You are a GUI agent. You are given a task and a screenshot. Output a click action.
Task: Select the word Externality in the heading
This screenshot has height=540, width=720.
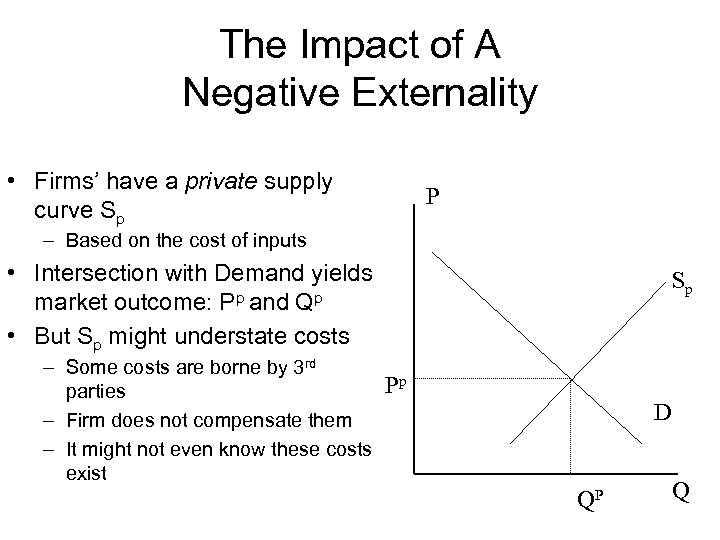[439, 94]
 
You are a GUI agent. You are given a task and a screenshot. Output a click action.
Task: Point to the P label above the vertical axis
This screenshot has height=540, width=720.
[432, 196]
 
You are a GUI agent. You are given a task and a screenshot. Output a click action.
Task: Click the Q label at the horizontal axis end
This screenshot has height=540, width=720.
[681, 492]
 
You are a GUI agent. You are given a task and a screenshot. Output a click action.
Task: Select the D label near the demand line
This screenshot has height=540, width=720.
[662, 411]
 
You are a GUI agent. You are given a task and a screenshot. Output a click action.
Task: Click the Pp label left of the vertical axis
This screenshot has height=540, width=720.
[397, 381]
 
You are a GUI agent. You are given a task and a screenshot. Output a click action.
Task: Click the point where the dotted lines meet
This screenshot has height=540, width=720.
[571, 380]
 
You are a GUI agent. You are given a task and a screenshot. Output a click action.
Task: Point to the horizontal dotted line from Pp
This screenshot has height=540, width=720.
[490, 380]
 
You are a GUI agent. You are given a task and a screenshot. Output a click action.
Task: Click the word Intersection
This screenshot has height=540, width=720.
[95, 273]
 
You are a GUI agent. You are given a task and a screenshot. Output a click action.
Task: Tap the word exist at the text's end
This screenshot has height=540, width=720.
[85, 473]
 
